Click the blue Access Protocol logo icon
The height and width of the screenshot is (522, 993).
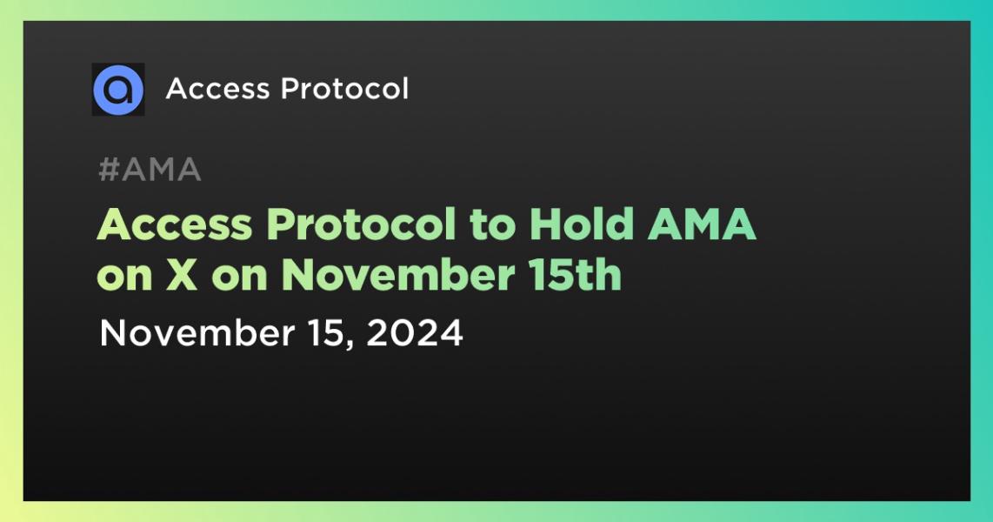(118, 89)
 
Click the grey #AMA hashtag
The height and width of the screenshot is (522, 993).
(150, 171)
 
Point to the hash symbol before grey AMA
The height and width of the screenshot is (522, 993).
(108, 171)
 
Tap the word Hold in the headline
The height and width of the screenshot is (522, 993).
(579, 226)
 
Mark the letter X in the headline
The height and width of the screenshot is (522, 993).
(180, 276)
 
